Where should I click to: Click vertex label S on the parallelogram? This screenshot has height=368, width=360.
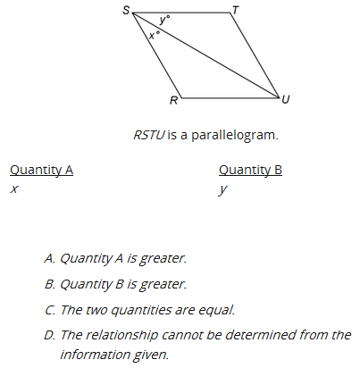126,10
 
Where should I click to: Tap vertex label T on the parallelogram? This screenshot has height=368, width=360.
236,10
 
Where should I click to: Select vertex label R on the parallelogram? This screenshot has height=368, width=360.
173,101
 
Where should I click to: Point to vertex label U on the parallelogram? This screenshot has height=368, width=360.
285,99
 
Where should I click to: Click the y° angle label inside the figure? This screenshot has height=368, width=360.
164,20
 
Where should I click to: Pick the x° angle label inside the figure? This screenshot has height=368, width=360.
155,35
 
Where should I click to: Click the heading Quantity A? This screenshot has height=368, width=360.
41,171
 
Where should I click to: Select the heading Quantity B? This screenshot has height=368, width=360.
250,171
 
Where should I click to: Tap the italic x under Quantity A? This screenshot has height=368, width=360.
13,189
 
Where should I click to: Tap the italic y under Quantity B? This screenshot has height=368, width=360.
222,190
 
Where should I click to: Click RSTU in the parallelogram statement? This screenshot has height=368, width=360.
149,135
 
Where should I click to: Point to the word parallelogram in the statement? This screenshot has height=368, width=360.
235,136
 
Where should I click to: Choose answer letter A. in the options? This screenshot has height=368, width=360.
50,258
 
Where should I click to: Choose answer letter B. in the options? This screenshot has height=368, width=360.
50,284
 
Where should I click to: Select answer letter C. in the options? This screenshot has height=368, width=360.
50,310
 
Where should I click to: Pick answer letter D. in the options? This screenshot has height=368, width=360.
50,335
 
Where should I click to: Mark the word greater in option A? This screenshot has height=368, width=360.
163,259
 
